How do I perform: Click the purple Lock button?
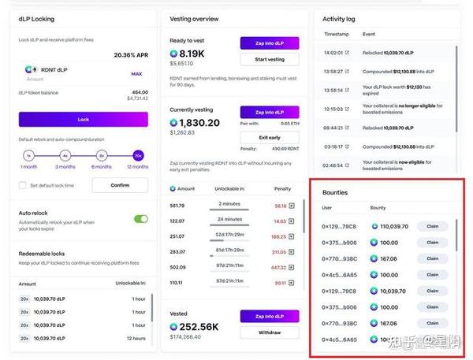click(83, 120)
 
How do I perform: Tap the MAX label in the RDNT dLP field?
click(136, 74)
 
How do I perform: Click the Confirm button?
click(120, 185)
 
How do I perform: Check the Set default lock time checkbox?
click(23, 186)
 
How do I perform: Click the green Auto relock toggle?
click(141, 219)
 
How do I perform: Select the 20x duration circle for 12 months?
click(139, 155)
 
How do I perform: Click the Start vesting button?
click(270, 60)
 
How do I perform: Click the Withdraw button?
click(270, 332)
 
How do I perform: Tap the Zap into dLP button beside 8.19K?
click(270, 43)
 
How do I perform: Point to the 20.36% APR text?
click(130, 55)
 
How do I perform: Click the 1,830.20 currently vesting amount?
click(199, 123)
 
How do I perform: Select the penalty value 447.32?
click(279, 266)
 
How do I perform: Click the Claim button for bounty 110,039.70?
click(431, 226)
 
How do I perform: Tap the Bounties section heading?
click(335, 192)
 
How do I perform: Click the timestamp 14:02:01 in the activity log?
click(333, 53)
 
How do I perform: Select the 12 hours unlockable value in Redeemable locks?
click(135, 338)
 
